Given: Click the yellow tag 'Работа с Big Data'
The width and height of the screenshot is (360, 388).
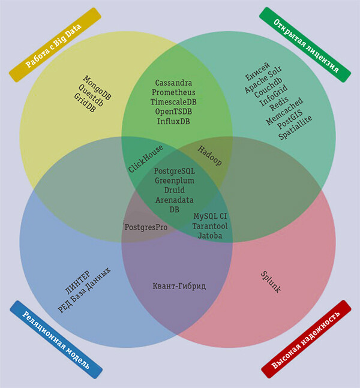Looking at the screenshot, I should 55,45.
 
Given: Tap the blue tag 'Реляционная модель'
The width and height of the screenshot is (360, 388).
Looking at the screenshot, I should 56,339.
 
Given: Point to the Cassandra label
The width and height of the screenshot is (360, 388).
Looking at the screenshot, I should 173,83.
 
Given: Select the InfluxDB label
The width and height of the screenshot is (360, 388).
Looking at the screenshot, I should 173,121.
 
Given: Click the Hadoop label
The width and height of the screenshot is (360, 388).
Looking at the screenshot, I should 209,155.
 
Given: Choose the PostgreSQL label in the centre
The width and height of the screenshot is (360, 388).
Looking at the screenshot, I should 175,171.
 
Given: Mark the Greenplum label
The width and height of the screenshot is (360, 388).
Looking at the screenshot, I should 175,181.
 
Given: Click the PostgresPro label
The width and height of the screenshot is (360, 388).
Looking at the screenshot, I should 145,228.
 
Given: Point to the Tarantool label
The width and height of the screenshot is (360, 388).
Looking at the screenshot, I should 210,226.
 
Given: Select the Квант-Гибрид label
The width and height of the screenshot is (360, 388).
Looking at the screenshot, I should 179,286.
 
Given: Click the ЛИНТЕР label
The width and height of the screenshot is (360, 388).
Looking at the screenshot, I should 80,281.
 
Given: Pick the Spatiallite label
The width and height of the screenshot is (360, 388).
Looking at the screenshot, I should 296,128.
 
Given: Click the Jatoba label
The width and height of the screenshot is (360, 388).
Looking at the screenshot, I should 210,236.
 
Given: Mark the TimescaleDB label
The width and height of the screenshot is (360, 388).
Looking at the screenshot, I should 173,102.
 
